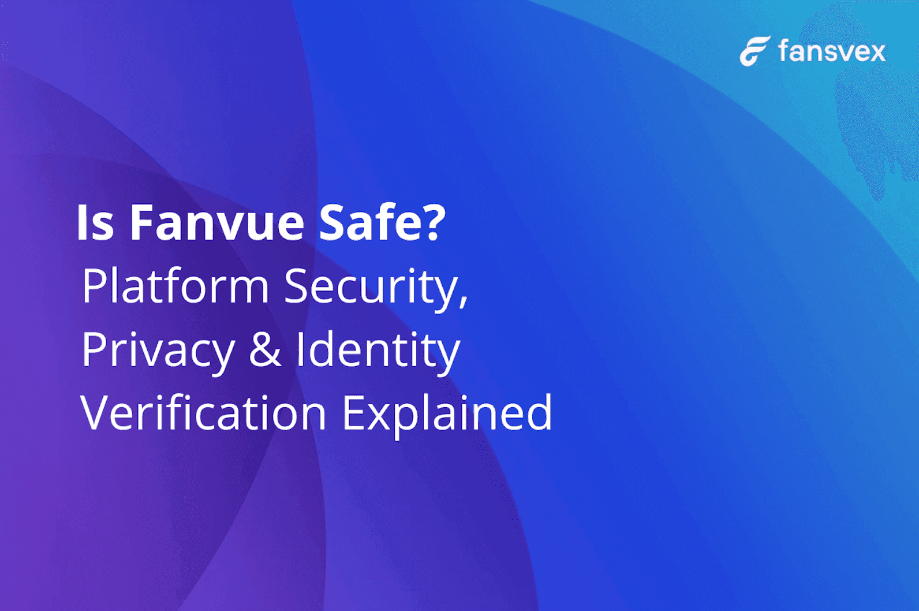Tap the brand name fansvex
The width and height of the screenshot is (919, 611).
(x=832, y=51)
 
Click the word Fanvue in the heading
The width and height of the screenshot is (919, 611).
(x=217, y=223)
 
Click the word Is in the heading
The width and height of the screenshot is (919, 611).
(x=95, y=223)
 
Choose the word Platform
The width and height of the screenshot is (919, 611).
(x=175, y=285)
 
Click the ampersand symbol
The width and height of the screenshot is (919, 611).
(x=266, y=349)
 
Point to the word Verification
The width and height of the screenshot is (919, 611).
(x=204, y=412)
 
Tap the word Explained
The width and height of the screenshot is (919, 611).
(x=447, y=415)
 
